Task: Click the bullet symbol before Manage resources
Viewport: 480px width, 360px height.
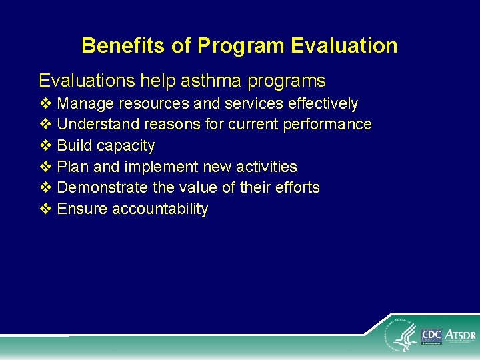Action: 45,103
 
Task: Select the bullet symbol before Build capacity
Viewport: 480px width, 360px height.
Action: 45,145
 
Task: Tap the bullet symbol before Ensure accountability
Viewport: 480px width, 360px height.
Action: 45,209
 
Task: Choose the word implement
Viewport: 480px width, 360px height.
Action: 165,167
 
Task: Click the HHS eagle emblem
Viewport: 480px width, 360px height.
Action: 402,336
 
